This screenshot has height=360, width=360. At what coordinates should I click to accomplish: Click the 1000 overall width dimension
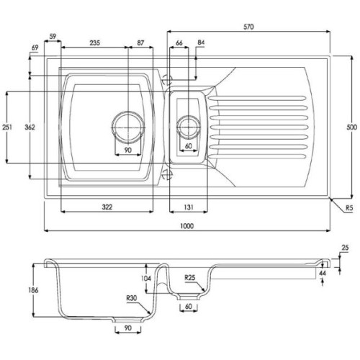coord(186,226)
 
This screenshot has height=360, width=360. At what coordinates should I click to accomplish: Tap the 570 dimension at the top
coord(248,27)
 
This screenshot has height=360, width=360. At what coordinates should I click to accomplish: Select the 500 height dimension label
coord(352,127)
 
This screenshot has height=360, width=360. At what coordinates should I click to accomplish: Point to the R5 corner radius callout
coord(349,208)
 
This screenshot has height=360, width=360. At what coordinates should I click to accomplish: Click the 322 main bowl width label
coord(107,207)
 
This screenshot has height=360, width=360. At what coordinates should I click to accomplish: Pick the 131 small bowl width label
coord(189,207)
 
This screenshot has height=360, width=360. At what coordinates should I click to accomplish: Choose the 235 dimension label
coord(95,43)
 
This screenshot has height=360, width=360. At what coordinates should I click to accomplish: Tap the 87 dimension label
coord(140,43)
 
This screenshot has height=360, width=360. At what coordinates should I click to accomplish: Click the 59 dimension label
coord(53,37)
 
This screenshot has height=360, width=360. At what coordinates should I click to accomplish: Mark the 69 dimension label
coord(35,48)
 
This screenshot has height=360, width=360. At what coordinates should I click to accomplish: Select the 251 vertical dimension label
coord(7,127)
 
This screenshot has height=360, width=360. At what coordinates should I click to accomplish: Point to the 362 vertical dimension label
coord(30,127)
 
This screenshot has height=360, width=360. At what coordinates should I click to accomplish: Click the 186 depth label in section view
coord(33,290)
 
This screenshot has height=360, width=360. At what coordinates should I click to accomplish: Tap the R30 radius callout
coord(132,298)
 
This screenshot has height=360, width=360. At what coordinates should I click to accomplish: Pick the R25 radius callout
coord(190,278)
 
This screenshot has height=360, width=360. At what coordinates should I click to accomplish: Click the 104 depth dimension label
coord(146,279)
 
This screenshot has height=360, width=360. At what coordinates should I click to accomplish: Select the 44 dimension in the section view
coord(323,273)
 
